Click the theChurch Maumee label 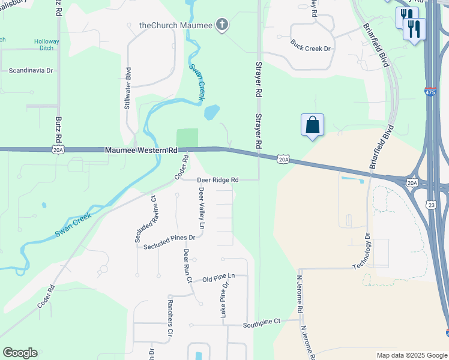(x=175, y=25)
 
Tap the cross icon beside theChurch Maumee (x=223, y=25)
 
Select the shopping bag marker (x=312, y=125)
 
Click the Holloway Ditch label (x=46, y=45)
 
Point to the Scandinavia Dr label (x=31, y=70)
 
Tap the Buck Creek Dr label (x=310, y=44)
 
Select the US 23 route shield (x=431, y=205)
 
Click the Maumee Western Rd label (x=142, y=149)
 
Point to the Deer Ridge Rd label (x=218, y=179)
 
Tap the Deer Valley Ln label (x=202, y=208)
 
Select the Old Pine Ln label (x=217, y=278)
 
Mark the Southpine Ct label (x=262, y=322)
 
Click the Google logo (x=20, y=353)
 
